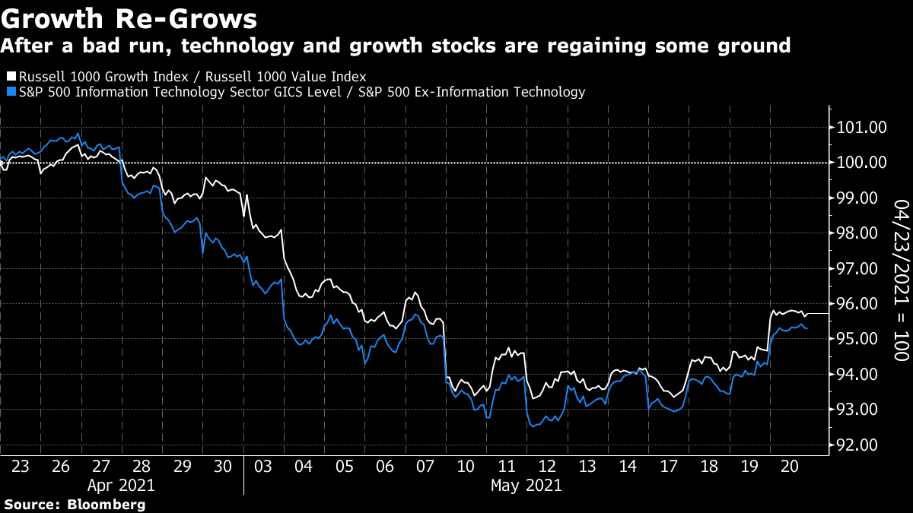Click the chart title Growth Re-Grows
129,17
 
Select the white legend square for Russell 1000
10,77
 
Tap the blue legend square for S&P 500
10,92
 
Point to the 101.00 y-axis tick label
861,128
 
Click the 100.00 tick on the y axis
861,163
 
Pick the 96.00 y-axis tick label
861,304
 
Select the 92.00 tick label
861,445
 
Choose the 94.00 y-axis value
861,375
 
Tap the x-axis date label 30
224,466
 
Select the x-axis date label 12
546,466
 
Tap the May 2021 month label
526,485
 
